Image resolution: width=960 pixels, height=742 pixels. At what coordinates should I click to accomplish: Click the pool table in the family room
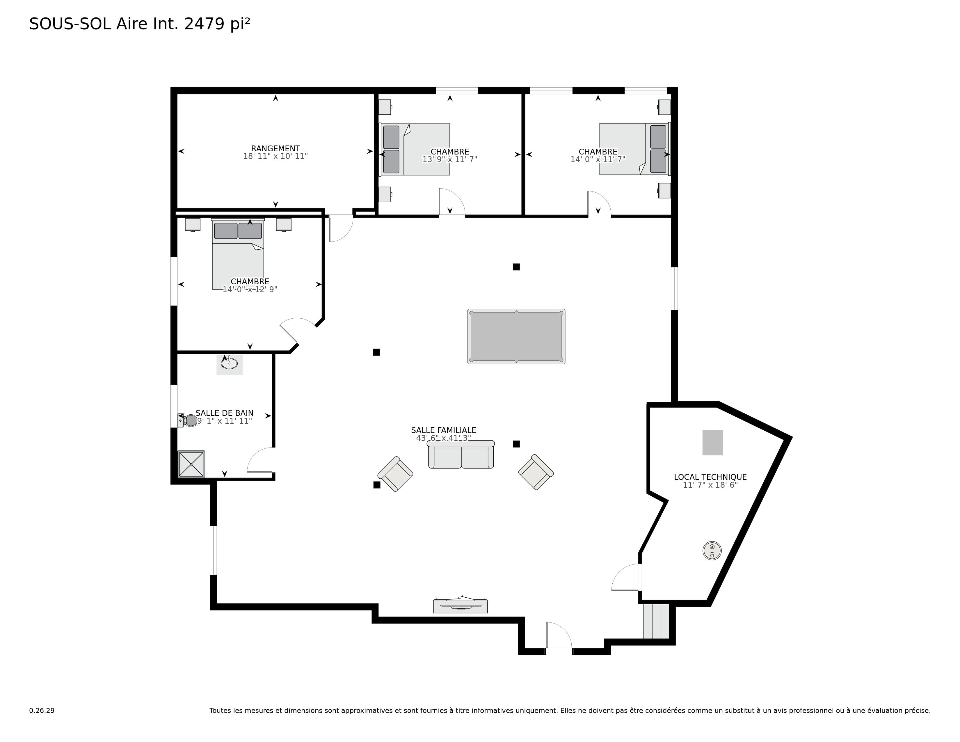[x=516, y=336]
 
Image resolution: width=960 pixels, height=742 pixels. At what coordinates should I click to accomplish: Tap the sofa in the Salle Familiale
[x=461, y=455]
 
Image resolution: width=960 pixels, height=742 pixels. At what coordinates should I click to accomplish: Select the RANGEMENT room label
[x=275, y=149]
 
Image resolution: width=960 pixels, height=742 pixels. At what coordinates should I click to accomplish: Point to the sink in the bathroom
[x=229, y=364]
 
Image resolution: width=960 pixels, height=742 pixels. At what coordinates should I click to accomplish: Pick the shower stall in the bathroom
[x=191, y=464]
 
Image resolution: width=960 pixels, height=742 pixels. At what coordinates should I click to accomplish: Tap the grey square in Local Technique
[x=712, y=443]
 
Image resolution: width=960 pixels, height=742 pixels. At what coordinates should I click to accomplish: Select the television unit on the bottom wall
[x=460, y=605]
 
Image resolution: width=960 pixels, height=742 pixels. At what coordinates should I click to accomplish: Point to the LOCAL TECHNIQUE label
[x=710, y=477]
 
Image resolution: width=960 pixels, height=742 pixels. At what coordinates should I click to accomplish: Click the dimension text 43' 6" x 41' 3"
[x=444, y=438]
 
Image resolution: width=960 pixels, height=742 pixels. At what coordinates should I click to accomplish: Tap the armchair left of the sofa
[x=395, y=474]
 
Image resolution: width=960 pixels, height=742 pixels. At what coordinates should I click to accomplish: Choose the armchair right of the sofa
[x=536, y=472]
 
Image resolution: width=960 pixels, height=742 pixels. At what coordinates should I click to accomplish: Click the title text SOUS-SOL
[x=70, y=24]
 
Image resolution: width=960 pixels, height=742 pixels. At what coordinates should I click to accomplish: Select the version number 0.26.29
[x=42, y=710]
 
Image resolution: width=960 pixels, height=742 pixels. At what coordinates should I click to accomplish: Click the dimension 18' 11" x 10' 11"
[x=275, y=156]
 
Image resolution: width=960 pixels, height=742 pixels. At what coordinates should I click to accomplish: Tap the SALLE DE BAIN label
[x=225, y=413]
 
